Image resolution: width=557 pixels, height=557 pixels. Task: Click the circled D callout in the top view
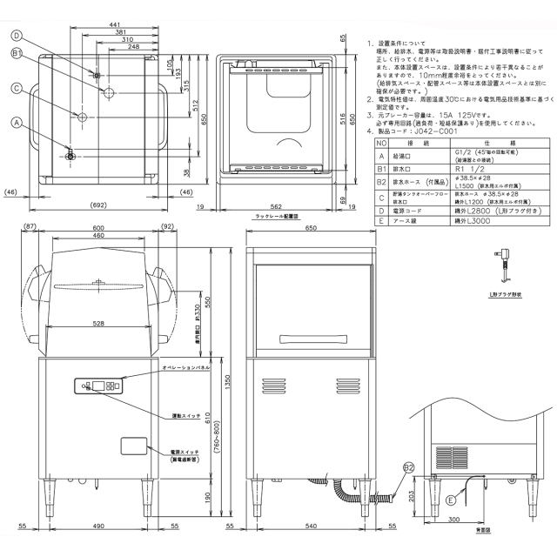tap(17, 36)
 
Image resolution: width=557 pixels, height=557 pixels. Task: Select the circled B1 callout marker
tap(17, 54)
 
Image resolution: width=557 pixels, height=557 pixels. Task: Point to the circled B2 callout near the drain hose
tap(407, 468)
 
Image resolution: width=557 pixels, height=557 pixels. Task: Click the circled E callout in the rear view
tap(449, 500)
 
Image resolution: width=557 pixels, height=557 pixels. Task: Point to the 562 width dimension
tap(275, 207)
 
